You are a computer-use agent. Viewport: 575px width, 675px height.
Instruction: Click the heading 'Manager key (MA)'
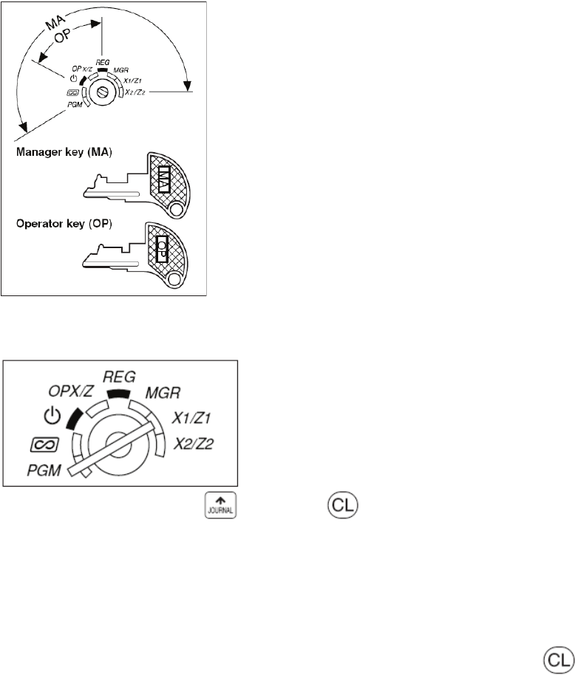point(64,152)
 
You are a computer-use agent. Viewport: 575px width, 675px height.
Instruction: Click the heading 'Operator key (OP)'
point(64,224)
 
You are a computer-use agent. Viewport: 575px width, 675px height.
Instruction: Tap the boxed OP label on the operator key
point(162,249)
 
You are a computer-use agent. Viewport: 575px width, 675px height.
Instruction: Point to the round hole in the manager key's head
point(176,209)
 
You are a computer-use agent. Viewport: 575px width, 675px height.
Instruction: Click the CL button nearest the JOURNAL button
point(343,504)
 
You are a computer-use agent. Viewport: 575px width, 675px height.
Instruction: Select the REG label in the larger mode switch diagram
point(119,377)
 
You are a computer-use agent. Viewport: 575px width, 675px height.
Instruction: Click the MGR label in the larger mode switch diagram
point(163,393)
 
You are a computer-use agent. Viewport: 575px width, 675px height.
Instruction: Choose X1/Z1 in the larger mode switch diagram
point(191,418)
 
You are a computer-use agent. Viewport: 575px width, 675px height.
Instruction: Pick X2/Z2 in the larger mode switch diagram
point(194,444)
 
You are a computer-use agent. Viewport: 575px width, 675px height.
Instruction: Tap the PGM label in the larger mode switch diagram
point(44,470)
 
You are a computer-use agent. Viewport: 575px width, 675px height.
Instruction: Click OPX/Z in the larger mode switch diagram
point(71,391)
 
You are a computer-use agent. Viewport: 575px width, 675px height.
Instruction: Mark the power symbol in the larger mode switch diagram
point(52,416)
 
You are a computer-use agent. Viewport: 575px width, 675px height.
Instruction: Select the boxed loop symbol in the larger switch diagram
point(45,445)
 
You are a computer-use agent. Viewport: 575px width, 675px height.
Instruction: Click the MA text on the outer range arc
point(55,22)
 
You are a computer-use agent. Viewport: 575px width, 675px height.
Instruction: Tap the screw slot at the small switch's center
point(103,92)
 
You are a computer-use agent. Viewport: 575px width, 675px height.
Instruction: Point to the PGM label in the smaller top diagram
point(75,105)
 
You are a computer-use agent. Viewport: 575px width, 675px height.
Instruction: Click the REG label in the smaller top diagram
point(103,63)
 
